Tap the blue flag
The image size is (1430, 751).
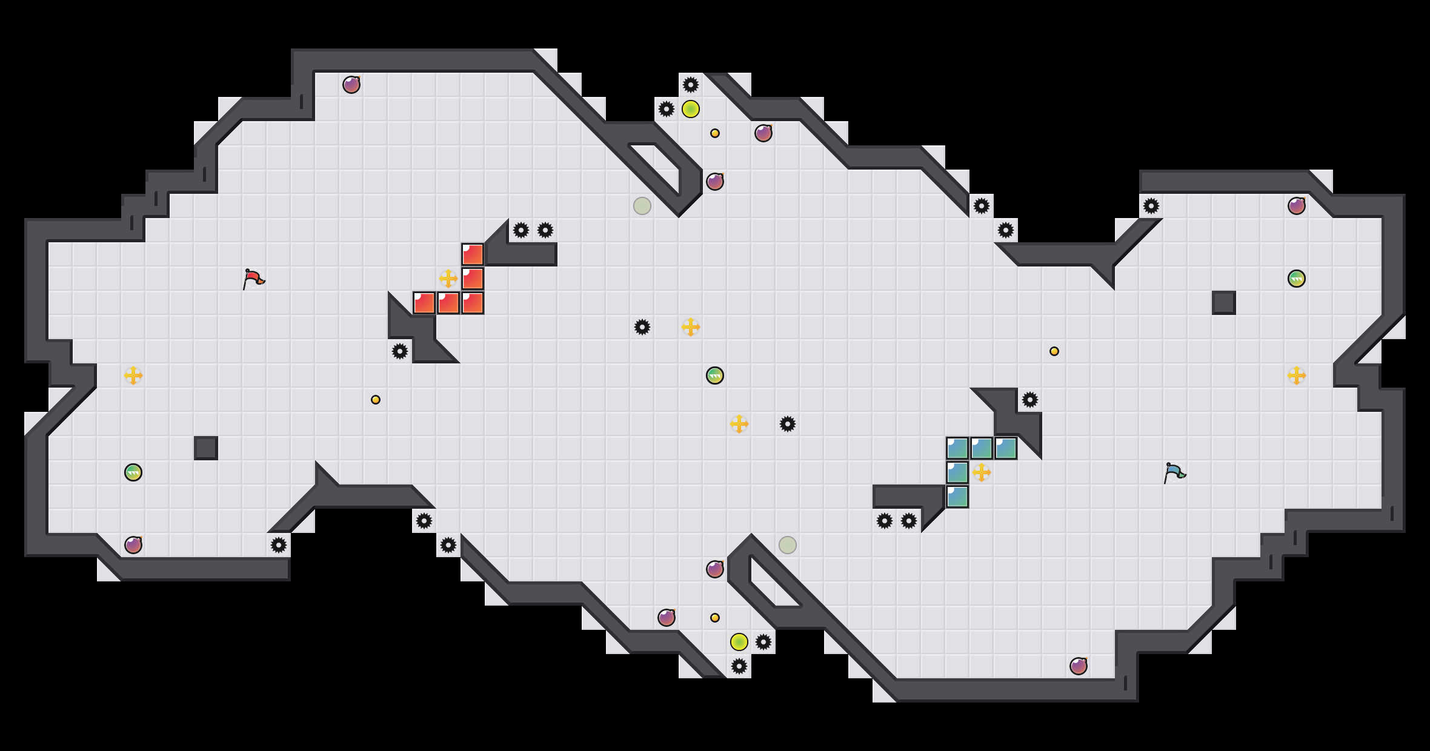1174,472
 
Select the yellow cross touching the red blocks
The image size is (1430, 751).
448,279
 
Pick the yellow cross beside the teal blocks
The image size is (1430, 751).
982,472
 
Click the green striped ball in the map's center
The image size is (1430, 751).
715,375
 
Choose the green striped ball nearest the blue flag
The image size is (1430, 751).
1297,279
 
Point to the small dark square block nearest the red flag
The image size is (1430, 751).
206,448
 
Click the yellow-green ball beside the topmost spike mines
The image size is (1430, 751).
691,109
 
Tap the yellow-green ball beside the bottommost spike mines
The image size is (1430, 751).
739,642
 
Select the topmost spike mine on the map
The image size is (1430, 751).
691,85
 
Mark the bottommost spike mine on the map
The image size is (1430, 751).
739,666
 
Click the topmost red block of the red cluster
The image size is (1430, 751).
473,254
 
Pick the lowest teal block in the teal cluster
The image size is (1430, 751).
957,497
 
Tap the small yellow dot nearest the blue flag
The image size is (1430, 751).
1054,351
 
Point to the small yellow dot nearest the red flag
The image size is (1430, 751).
376,400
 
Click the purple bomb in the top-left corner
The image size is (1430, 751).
351,85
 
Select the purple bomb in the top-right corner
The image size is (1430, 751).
1297,206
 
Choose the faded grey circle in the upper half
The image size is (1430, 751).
642,206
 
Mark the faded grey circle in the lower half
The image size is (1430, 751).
788,545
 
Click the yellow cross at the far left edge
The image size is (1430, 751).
133,375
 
